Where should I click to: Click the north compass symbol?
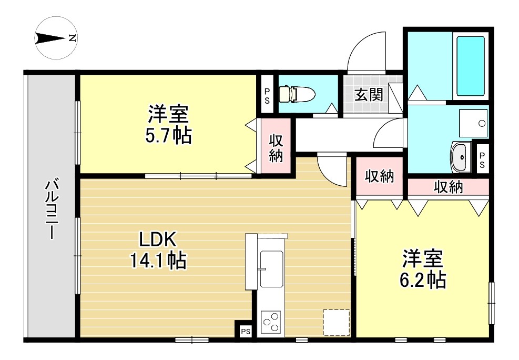point(56,38)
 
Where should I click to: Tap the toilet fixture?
point(297,94)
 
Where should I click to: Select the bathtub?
point(470,66)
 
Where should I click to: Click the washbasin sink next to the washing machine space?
point(461,157)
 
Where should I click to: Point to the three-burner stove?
point(271,322)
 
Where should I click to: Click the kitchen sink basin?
point(272,269)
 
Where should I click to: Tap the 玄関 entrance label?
point(369,95)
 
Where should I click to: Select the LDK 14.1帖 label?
point(158,249)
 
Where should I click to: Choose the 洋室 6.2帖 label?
point(423,269)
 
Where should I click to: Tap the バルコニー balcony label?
point(52,208)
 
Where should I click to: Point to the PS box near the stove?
point(245,331)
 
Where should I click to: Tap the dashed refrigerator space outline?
point(337,323)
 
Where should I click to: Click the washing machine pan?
point(473,123)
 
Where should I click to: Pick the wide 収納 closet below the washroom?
point(448,187)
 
